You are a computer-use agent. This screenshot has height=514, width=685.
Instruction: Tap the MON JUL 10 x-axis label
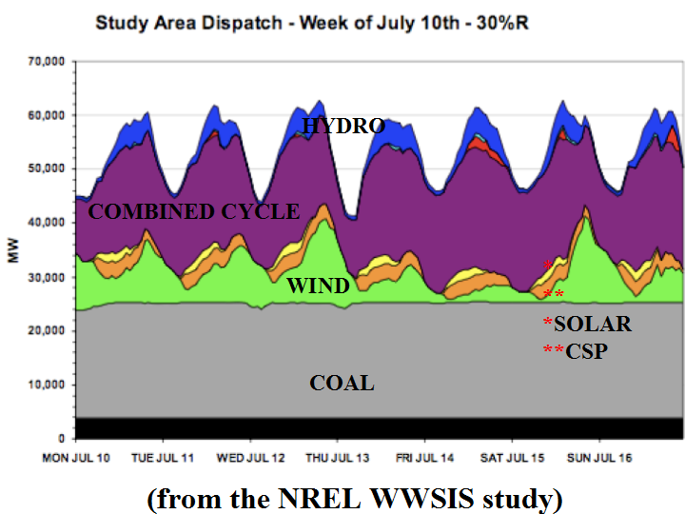pos(77,458)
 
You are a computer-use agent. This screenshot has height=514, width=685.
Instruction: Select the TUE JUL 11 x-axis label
pos(164,458)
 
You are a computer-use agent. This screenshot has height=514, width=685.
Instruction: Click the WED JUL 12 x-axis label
pos(251,458)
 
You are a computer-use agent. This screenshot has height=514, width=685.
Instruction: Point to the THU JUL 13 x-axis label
pos(338,458)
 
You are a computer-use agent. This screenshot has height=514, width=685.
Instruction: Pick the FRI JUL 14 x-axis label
pos(425,458)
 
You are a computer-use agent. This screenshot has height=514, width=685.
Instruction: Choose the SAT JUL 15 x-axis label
pos(512,458)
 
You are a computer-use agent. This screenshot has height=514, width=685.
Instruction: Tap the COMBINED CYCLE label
pos(193,211)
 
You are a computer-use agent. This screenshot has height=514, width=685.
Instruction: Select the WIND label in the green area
pos(318,286)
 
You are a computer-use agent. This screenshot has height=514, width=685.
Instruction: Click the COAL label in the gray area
pos(342,384)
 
